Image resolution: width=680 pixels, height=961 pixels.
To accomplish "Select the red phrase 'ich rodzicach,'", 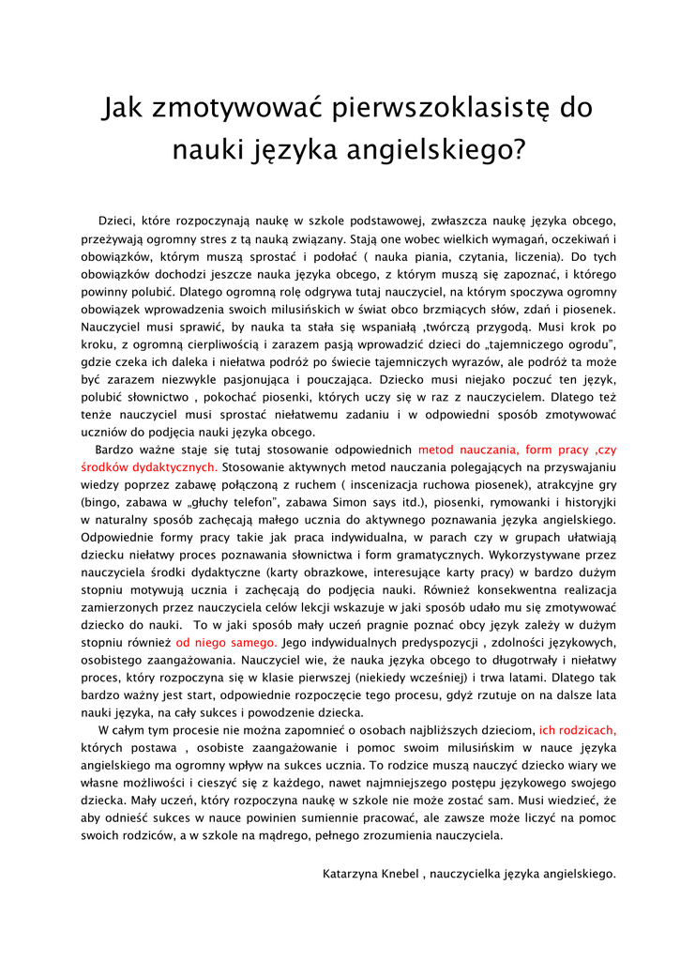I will tap(578, 729).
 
